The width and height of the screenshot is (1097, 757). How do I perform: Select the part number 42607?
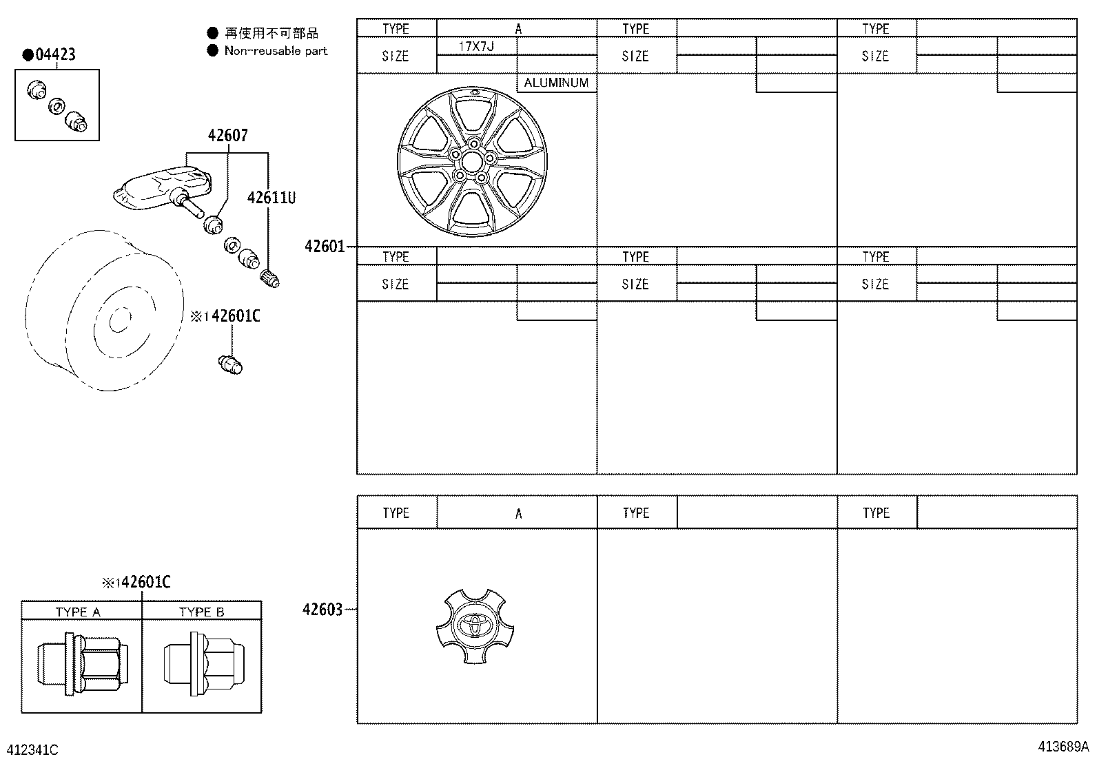point(227,135)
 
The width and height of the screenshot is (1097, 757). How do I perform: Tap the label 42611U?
point(271,198)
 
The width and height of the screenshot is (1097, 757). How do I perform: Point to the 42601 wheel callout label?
point(325,246)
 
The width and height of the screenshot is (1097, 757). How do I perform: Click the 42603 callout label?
point(322,610)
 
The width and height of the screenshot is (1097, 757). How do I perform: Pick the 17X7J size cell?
point(477,47)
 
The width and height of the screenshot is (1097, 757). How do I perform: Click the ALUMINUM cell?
point(556,83)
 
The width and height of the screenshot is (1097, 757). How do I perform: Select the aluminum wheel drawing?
point(472,163)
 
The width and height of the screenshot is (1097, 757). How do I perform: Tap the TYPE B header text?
point(201,612)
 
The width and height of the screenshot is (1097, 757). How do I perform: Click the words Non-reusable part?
point(276,51)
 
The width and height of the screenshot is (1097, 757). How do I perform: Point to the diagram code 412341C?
point(32,749)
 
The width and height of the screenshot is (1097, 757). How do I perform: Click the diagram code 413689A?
point(1064,746)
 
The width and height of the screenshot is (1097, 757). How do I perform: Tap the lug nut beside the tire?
point(230,364)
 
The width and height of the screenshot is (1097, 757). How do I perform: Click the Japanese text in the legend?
point(271,33)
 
